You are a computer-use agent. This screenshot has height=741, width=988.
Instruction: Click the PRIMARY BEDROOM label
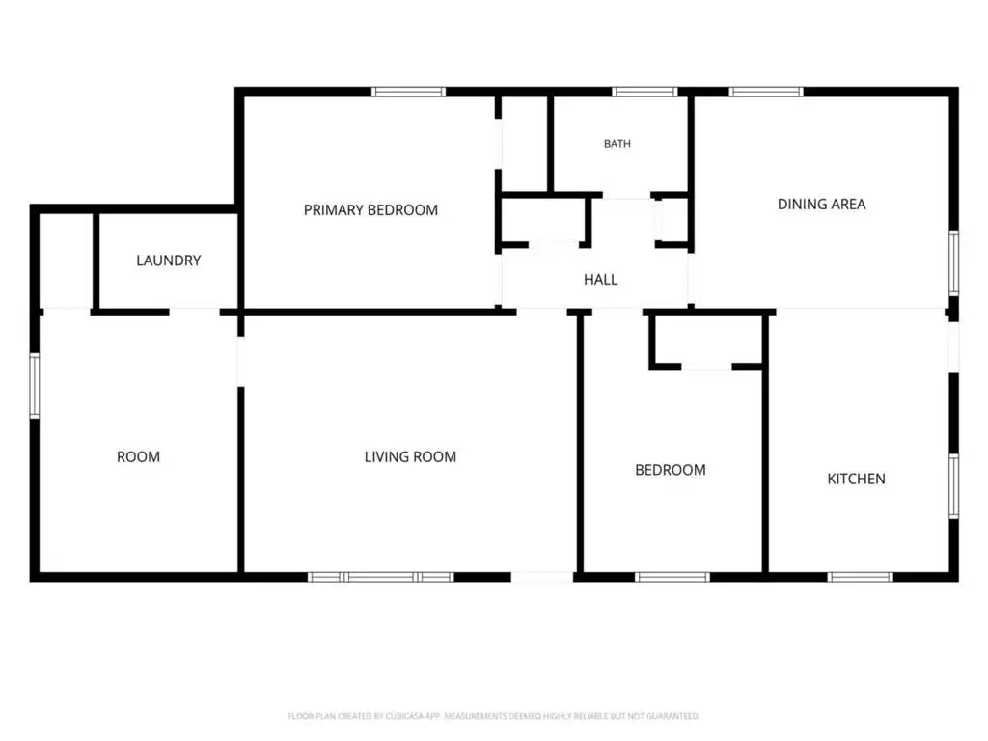(370, 209)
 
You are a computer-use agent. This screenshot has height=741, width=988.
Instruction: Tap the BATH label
(617, 144)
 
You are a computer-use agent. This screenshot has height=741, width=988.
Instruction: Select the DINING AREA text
(821, 205)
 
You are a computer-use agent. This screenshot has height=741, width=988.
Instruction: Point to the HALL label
(600, 279)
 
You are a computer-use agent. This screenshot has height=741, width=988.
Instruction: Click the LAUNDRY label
(168, 261)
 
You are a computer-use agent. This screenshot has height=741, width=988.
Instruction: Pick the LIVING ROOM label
(410, 456)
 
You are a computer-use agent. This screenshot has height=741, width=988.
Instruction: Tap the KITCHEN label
(856, 479)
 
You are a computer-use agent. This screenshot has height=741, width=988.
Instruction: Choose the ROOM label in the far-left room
(138, 456)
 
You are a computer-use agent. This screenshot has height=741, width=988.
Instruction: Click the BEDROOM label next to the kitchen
(670, 470)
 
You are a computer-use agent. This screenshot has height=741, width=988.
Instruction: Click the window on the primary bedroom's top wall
(408, 92)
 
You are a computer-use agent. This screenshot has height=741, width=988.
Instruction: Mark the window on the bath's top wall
(645, 92)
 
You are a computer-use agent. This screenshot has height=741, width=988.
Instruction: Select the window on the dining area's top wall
(766, 92)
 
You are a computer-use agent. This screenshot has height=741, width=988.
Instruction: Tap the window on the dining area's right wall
(954, 262)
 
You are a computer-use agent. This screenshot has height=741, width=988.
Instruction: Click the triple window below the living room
(380, 577)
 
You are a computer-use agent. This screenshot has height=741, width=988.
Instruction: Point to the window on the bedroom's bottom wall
(672, 577)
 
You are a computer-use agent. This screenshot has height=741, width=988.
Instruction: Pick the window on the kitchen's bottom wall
(860, 577)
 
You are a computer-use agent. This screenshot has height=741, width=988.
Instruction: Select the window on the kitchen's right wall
(954, 486)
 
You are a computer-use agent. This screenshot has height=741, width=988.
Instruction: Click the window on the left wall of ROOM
(35, 386)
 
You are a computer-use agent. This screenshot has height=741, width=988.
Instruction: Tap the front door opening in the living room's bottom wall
(542, 577)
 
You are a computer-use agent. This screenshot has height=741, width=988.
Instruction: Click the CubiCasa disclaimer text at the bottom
(493, 716)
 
